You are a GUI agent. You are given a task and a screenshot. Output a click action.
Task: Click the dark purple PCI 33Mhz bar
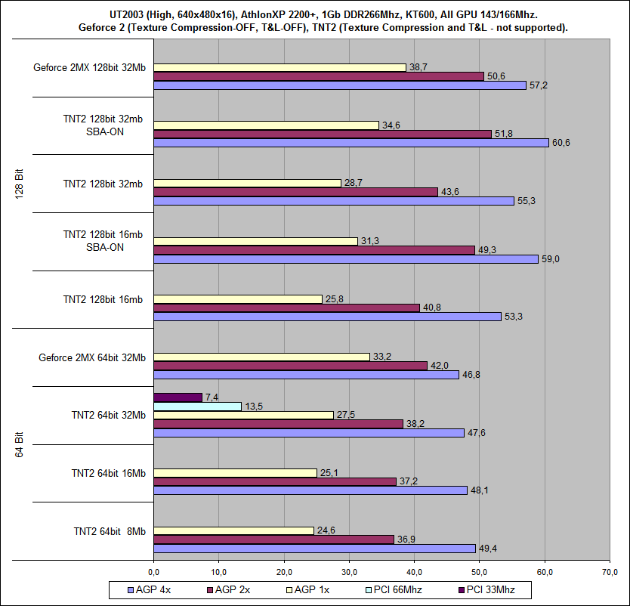tap(178, 397)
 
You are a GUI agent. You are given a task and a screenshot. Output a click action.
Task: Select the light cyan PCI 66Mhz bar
tap(197, 407)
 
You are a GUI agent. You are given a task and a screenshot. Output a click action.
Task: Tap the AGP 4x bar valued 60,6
tap(351, 143)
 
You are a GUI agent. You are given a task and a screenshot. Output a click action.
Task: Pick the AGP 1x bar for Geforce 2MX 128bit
tap(279, 67)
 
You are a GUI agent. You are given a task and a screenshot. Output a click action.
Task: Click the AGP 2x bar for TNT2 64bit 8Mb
tap(273, 540)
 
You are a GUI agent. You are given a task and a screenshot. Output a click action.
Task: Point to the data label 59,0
tap(550, 259)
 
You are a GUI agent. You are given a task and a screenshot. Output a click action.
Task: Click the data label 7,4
tap(213, 397)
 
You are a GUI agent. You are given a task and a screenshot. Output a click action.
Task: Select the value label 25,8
tap(333, 299)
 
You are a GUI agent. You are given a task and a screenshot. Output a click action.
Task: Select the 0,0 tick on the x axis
tap(153, 570)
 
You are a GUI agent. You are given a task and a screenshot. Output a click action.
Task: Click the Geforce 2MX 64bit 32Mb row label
tap(91, 357)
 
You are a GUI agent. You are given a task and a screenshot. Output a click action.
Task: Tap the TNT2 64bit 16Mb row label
tap(108, 473)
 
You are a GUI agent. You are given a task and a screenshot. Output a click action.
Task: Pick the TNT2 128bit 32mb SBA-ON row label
tap(103, 125)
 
